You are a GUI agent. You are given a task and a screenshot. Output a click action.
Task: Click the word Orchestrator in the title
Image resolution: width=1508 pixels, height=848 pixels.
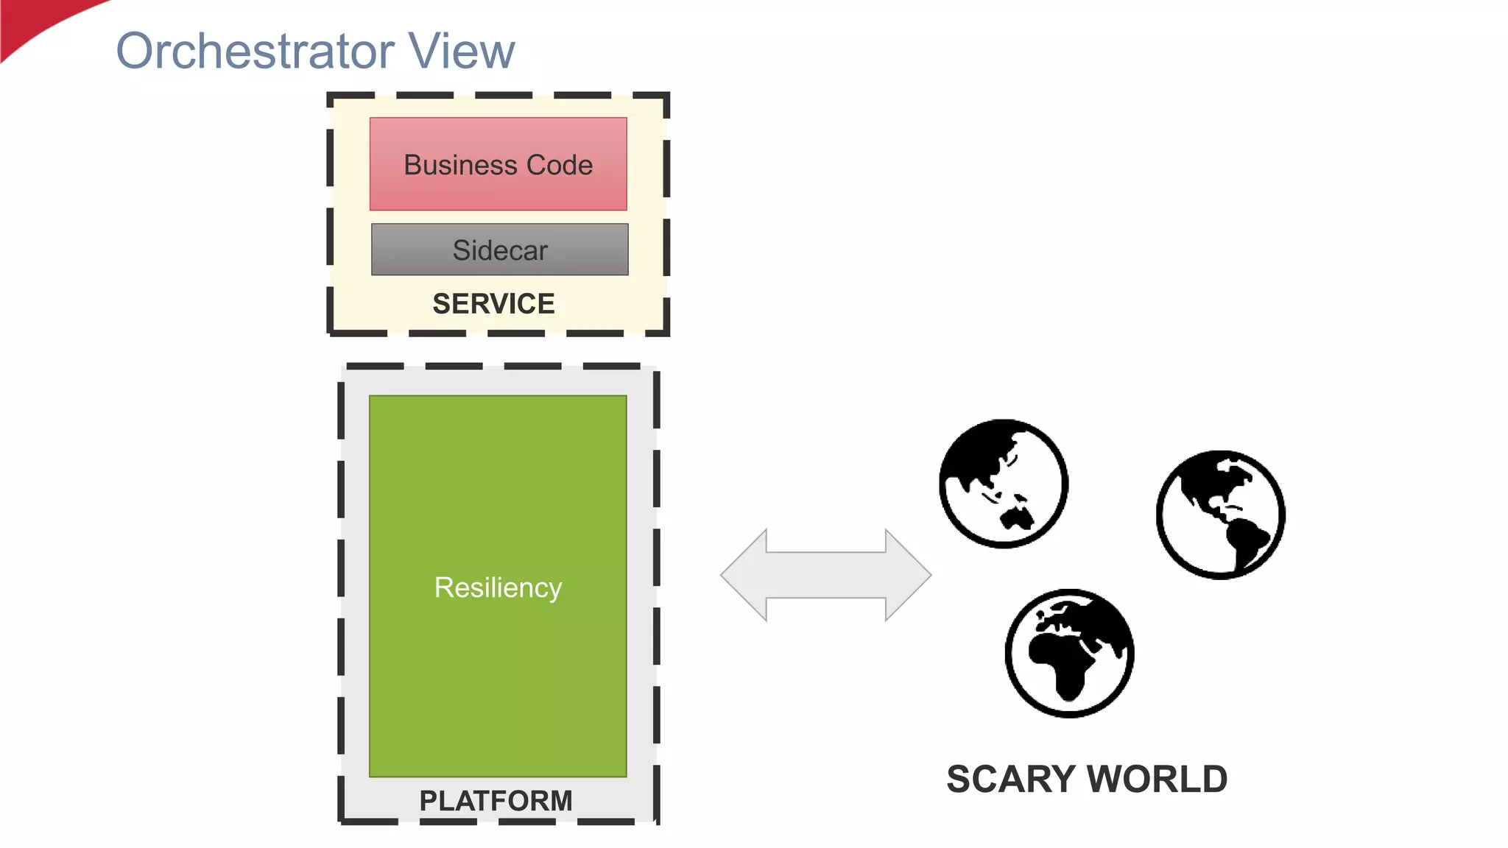(254, 52)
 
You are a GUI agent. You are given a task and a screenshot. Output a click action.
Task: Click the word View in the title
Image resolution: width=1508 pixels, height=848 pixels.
(462, 52)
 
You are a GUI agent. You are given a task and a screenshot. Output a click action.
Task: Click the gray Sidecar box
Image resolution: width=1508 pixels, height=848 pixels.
(500, 250)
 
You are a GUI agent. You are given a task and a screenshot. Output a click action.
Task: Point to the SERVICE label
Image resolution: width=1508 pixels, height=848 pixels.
(493, 303)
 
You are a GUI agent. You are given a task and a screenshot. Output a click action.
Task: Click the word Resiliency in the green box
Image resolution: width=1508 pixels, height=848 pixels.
(498, 587)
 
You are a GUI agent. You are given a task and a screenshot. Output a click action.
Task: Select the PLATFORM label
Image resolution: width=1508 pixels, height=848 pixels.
(496, 800)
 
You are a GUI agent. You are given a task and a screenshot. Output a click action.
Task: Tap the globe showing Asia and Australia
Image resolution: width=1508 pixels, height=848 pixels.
(1004, 484)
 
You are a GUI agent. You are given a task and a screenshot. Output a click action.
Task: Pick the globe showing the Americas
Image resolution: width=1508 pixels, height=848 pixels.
(1220, 515)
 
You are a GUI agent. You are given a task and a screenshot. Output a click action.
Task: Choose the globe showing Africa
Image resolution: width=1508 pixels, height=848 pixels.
(1069, 653)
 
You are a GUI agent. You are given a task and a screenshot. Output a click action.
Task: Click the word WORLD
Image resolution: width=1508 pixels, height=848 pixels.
(1158, 779)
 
